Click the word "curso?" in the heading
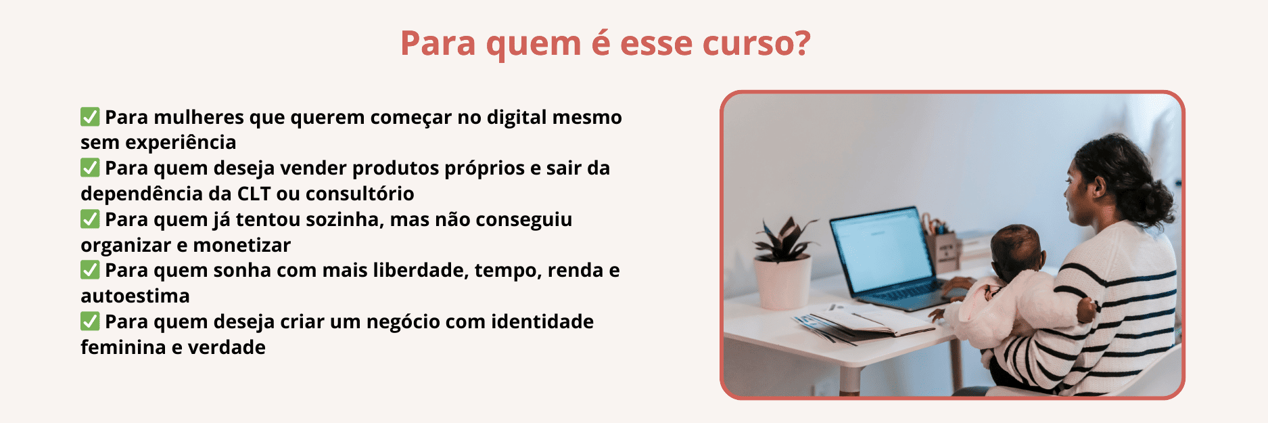click(756, 43)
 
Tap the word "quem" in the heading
click(533, 45)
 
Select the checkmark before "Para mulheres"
click(90, 116)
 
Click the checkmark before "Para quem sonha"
click(90, 269)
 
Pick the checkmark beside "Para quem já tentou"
click(90, 219)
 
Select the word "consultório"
click(360, 194)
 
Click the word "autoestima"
click(135, 296)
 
